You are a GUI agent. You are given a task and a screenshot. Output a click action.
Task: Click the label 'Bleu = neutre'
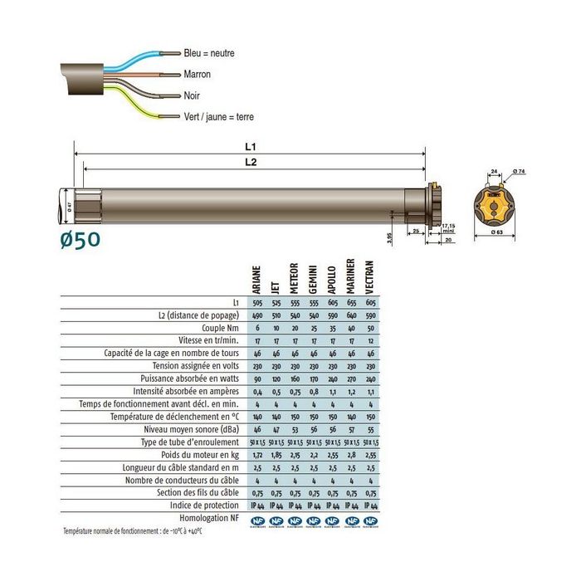[x=209, y=53]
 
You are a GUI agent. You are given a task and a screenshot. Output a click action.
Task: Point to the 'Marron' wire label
[x=198, y=75]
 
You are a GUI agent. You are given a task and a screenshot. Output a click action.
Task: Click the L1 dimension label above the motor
[x=251, y=146]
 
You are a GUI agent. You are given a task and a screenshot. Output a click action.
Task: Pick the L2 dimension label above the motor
[x=251, y=163]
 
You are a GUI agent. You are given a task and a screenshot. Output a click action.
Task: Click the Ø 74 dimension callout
[x=519, y=172]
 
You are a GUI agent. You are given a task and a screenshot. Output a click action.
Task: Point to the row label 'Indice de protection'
[x=205, y=505]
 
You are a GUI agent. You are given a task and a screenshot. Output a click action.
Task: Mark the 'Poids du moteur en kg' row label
[x=200, y=455]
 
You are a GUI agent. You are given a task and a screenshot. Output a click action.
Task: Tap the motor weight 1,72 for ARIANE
[x=256, y=455]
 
